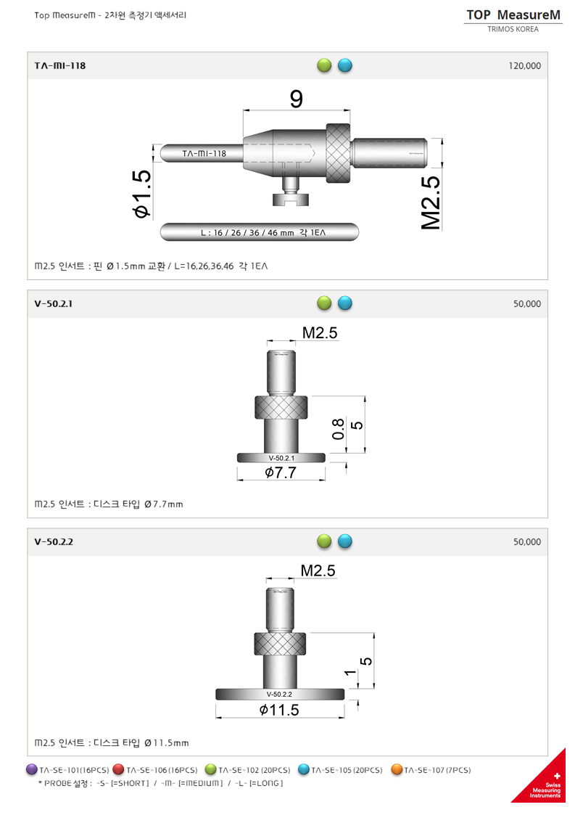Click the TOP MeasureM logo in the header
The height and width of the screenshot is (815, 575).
[x=513, y=15]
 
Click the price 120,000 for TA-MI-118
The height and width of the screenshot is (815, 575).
[x=524, y=66]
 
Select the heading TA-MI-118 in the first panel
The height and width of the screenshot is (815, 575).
[x=60, y=66]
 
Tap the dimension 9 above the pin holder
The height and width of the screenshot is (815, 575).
[x=296, y=99]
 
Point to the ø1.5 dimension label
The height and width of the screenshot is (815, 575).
[x=141, y=193]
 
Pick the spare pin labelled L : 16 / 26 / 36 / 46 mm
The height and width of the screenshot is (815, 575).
[x=259, y=233]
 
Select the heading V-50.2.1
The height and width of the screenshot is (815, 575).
[x=54, y=304]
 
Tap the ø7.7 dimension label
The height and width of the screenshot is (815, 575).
[x=281, y=473]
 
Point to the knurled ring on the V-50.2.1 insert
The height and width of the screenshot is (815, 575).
[x=281, y=407]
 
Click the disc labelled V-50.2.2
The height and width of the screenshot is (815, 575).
[x=280, y=694]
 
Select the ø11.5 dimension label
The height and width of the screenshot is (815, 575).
[x=279, y=710]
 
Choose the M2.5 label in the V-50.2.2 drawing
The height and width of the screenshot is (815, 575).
[x=318, y=570]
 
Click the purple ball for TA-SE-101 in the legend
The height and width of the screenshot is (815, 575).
[x=32, y=769]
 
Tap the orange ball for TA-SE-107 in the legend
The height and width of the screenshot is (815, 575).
[x=397, y=769]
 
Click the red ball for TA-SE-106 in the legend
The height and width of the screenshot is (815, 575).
[x=118, y=769]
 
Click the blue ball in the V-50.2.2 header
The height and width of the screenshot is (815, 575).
[x=345, y=541]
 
